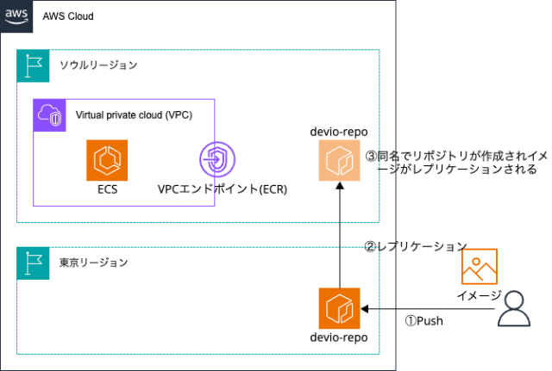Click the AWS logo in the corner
(x=16, y=15)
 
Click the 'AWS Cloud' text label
(x=68, y=16)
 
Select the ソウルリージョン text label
(x=98, y=65)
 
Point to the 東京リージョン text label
(x=93, y=263)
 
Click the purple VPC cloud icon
(x=50, y=115)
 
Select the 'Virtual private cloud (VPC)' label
(x=134, y=114)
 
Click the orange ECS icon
(x=107, y=160)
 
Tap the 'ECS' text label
(x=107, y=189)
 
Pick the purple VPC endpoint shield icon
(x=216, y=160)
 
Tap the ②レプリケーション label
(x=415, y=246)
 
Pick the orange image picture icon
(x=479, y=266)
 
